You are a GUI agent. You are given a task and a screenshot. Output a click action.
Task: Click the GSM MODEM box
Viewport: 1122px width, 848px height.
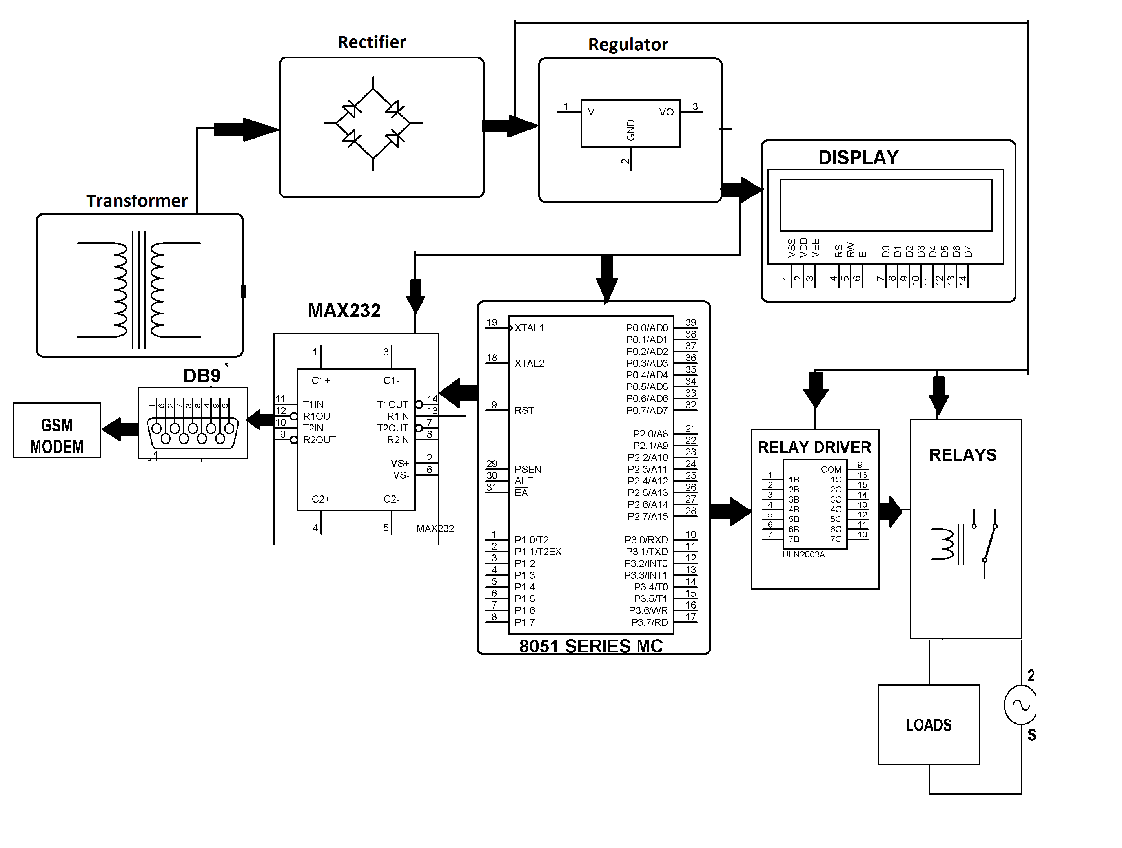click(56, 430)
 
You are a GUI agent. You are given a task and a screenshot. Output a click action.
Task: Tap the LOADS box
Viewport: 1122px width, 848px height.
click(928, 724)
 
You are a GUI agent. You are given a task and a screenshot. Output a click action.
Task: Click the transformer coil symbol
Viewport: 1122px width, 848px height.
click(138, 290)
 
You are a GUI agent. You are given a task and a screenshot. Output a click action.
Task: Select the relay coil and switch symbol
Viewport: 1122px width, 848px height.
click(964, 543)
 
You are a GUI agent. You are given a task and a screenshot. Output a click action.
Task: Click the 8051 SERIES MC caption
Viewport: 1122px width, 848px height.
click(590, 646)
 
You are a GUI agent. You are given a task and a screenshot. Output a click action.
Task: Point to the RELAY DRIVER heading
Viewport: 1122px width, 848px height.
click(814, 447)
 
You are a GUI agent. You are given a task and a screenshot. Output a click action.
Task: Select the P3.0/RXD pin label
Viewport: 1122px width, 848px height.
click(646, 539)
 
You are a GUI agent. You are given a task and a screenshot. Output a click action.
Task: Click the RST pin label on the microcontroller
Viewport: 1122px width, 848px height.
click(524, 410)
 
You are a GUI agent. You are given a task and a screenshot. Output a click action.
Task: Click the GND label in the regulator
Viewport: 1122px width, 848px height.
click(630, 130)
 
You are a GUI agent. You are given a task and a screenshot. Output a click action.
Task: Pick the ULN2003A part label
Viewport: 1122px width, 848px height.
click(803, 555)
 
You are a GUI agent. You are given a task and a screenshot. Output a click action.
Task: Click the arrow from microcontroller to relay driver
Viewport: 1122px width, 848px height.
click(730, 512)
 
